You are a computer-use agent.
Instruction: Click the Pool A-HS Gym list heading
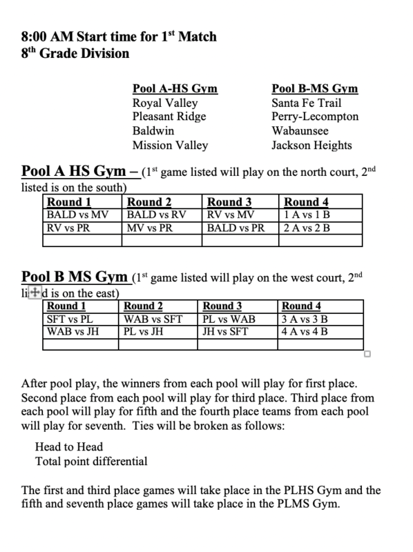175,89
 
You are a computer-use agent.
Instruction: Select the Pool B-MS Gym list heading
315,89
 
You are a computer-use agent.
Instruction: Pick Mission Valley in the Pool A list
170,145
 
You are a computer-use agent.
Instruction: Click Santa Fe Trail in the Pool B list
305,103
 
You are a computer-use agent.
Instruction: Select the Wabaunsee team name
300,131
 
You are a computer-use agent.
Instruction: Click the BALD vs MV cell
77,215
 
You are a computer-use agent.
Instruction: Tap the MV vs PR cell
150,227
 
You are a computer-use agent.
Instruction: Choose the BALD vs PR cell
236,227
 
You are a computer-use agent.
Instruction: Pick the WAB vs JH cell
73,331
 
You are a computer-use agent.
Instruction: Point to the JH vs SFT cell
225,331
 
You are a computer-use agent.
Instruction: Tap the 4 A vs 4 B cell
305,331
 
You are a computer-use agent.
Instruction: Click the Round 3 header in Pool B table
222,306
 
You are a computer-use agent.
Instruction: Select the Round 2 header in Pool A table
150,202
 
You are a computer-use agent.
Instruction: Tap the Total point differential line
91,460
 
